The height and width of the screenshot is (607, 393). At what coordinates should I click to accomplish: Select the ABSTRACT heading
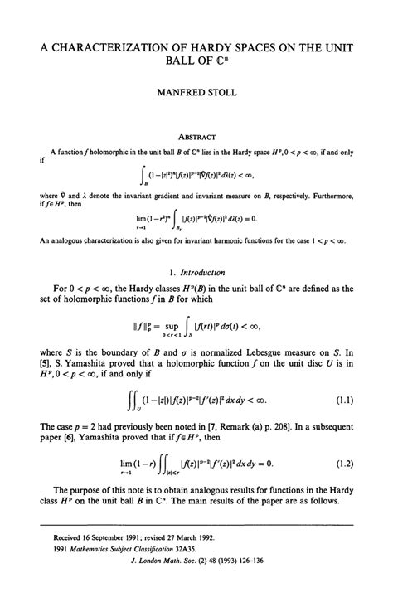pyautogui.click(x=196, y=137)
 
